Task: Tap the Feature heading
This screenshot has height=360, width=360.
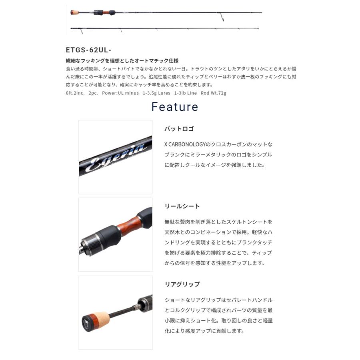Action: click(x=175, y=107)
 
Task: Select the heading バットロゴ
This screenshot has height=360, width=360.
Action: click(x=179, y=129)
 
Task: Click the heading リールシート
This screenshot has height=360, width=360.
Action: click(x=182, y=206)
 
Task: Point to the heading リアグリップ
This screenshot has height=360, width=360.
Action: click(x=182, y=284)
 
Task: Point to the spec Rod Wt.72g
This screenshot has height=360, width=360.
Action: click(x=214, y=93)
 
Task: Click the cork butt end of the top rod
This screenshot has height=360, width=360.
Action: click(x=74, y=13)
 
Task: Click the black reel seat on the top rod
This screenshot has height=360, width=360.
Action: click(x=99, y=12)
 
